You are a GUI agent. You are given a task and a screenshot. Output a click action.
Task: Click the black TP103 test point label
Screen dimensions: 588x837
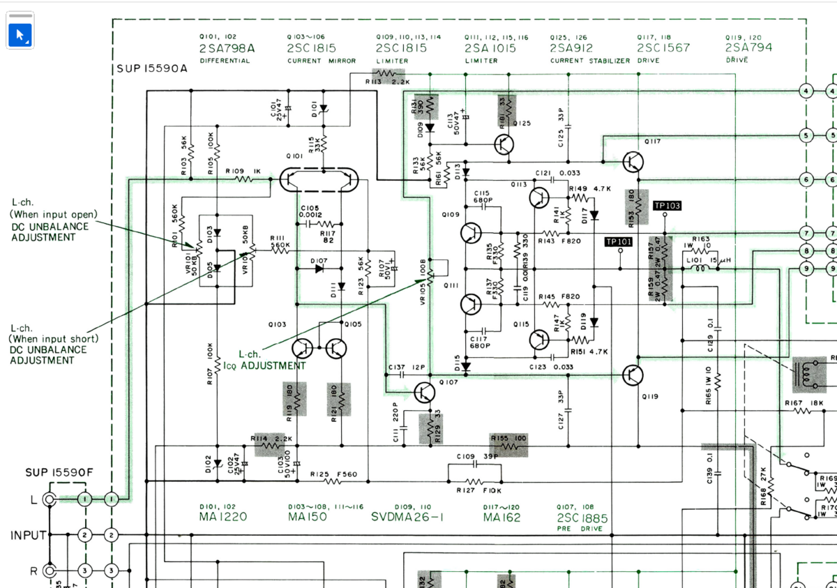[667, 206]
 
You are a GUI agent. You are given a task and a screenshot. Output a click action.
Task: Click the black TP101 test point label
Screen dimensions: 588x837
[618, 242]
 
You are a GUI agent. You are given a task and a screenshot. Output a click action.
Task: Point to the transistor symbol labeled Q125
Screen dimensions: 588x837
[504, 144]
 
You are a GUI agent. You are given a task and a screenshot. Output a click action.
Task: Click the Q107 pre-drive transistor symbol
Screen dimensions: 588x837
[423, 393]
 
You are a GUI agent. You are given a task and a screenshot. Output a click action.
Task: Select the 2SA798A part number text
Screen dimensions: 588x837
[227, 48]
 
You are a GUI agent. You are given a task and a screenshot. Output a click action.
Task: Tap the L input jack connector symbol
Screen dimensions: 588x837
[50, 499]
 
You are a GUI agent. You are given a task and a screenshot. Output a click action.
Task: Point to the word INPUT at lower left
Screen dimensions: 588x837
[28, 536]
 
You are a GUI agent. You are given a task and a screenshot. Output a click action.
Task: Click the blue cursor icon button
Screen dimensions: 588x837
[20, 34]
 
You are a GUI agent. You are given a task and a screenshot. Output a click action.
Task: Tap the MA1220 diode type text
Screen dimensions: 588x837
[223, 517]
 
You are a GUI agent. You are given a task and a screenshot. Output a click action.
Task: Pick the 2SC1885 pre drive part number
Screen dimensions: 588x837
[582, 518]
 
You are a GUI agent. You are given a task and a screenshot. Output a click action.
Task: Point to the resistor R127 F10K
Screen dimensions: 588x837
[474, 481]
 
